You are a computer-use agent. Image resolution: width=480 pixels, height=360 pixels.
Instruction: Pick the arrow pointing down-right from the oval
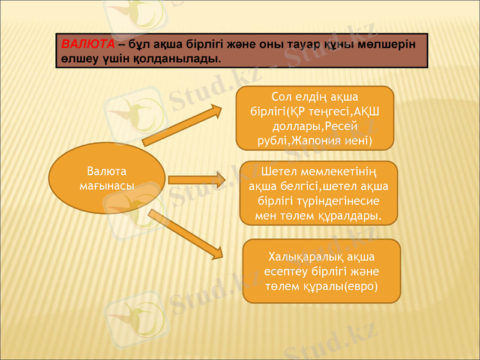pyautogui.click(x=186, y=234)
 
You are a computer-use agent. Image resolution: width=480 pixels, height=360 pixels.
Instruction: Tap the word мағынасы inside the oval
pyautogui.click(x=106, y=186)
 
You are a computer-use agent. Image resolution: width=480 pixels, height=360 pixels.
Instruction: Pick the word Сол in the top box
pyautogui.click(x=281, y=97)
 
